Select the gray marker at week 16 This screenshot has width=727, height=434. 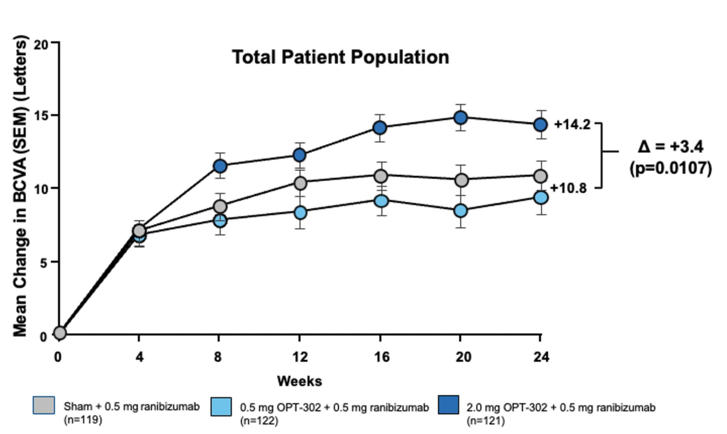381,176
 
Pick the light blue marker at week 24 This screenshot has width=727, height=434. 541,198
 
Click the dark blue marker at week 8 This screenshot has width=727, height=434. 220,166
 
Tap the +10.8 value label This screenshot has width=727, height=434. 568,188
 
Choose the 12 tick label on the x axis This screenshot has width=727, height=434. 300,357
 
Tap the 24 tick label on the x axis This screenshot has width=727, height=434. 541,357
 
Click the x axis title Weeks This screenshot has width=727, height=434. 299,381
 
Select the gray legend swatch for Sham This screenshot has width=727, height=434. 44,405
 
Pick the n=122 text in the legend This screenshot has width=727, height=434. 259,420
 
